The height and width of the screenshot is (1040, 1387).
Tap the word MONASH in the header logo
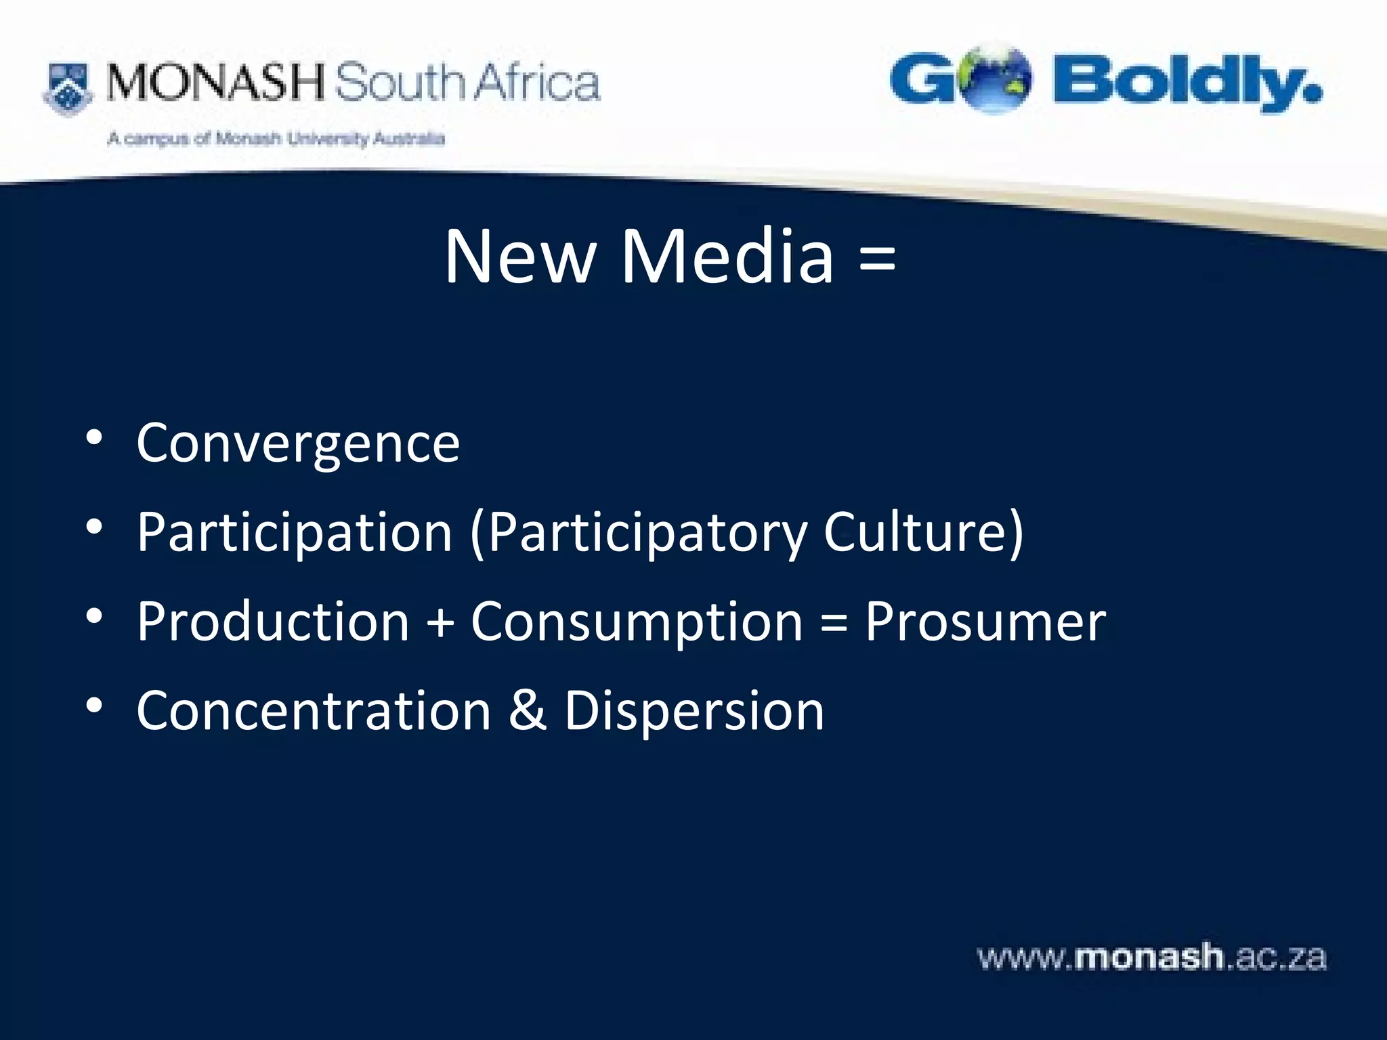216,83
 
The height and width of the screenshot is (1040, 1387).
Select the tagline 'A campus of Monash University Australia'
276,139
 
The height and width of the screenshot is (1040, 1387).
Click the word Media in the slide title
727,257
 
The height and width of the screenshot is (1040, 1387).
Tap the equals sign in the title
877,258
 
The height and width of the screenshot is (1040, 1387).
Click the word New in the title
519,257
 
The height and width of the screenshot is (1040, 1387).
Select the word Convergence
298,443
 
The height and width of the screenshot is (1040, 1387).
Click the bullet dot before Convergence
94,437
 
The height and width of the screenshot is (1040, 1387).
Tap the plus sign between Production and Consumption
440,622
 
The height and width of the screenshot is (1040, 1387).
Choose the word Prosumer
985,622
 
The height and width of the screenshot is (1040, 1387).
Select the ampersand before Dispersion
528,711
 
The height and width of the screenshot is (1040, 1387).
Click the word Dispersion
694,711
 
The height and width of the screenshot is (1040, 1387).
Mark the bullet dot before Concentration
94,706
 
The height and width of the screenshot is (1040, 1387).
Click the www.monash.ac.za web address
1151,958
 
